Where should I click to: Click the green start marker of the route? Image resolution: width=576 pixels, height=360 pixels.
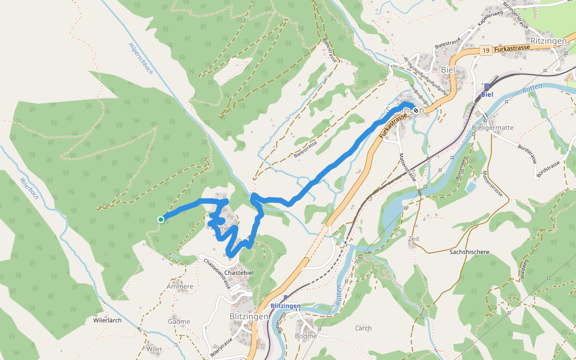click(x=161, y=220)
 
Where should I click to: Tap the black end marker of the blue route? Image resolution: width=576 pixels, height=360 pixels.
click(x=415, y=110)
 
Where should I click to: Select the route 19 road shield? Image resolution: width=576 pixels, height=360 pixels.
click(x=485, y=51)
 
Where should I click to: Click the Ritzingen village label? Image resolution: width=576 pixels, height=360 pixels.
click(x=548, y=41)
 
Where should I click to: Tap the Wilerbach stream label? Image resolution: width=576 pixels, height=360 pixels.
click(x=29, y=189)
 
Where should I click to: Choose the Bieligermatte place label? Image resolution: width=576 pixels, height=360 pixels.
click(x=493, y=128)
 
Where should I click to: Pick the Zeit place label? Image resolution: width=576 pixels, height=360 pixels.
click(x=413, y=239)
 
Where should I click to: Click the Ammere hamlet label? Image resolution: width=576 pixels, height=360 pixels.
click(x=181, y=286)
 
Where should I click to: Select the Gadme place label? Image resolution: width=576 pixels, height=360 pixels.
click(x=179, y=322)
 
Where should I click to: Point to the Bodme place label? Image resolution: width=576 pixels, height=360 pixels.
click(x=305, y=337)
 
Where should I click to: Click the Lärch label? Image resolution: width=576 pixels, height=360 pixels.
click(x=363, y=328)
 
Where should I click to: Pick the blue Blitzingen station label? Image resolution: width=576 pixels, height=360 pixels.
click(x=286, y=306)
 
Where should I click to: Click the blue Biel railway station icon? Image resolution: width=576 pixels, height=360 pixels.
click(x=487, y=86)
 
